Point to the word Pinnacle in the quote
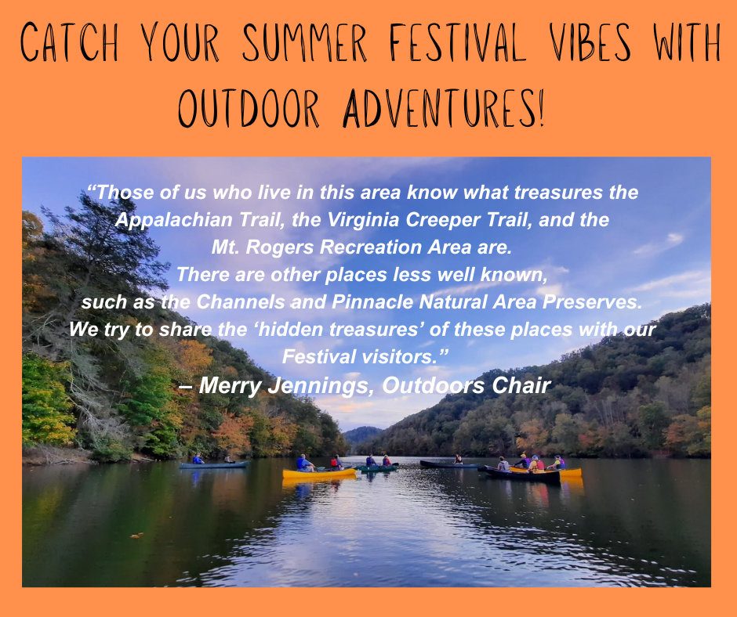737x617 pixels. (365, 301)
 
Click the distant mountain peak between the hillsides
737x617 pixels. (362, 433)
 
